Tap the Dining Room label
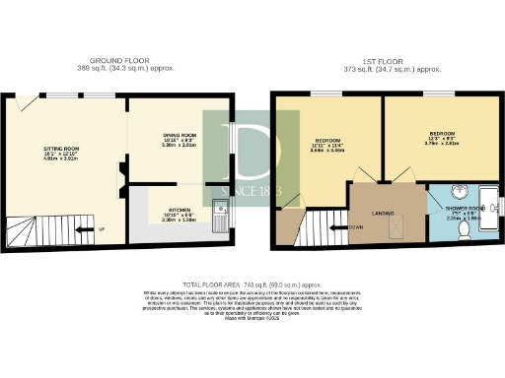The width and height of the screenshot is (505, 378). (x=180, y=136)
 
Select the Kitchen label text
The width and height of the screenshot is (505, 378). (x=180, y=210)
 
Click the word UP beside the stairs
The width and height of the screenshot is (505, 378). (x=103, y=231)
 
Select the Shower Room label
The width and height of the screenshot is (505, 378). (x=465, y=208)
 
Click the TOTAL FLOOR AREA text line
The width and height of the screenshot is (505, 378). (x=252, y=283)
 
